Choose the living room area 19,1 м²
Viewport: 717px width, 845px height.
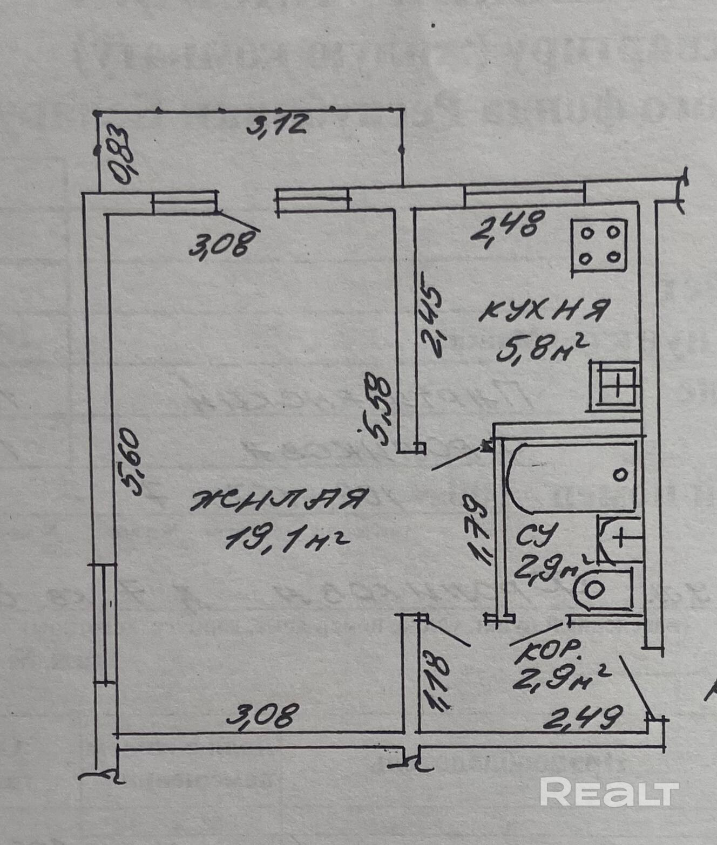[x=285, y=537]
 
